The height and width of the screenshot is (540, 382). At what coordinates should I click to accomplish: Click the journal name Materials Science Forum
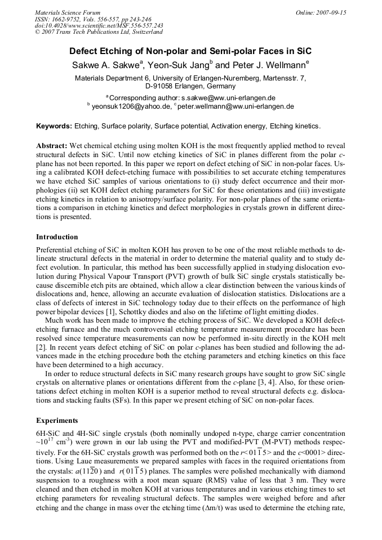pyautogui.click(x=68, y=12)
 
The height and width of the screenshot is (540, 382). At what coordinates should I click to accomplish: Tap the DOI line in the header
pyautogui.click(x=99, y=25)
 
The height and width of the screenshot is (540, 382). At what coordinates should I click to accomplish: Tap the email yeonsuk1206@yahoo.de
pyautogui.click(x=131, y=106)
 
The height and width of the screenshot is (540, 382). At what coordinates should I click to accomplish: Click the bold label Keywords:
pyautogui.click(x=54, y=126)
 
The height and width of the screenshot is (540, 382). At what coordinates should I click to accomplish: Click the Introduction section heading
pyautogui.click(x=57, y=237)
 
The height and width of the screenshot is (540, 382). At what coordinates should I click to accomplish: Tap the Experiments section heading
pyautogui.click(x=57, y=421)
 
